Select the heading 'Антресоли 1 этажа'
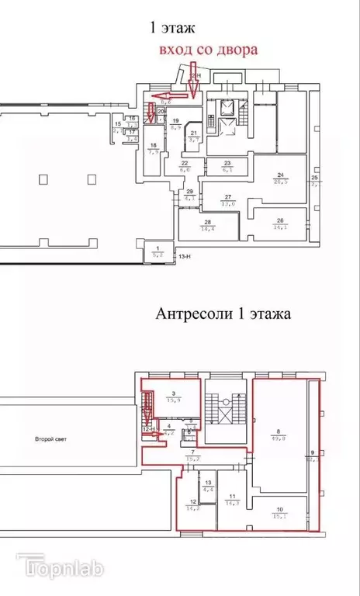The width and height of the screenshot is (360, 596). tap(223, 314)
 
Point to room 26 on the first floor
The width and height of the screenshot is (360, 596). tap(280, 224)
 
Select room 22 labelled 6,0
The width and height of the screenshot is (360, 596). tap(185, 165)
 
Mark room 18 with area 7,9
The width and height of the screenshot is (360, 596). tap(154, 149)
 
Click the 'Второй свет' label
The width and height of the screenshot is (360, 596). tap(50, 439)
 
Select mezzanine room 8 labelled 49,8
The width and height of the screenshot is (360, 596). tap(279, 435)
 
